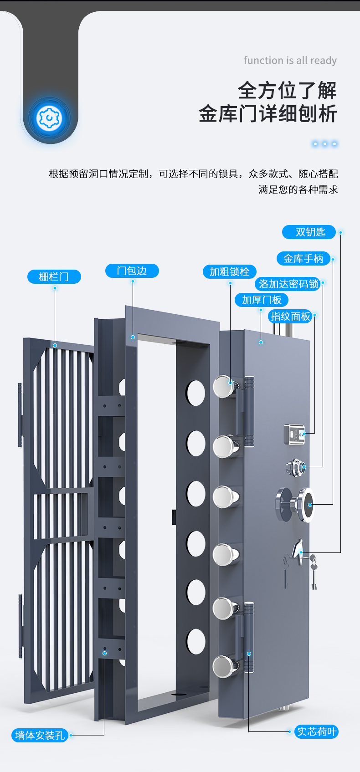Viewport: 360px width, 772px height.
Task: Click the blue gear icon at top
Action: (48, 118)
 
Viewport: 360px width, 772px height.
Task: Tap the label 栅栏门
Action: (54, 276)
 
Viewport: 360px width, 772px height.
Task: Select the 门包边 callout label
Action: (132, 271)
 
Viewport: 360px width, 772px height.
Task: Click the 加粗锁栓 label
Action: (229, 272)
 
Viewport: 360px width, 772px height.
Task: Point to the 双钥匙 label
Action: (309, 232)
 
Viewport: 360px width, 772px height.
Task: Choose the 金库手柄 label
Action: (303, 259)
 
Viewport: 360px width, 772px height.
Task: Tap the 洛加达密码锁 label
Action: (288, 284)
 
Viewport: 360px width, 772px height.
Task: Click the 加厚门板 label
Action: (262, 300)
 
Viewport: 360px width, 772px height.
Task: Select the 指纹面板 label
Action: (290, 316)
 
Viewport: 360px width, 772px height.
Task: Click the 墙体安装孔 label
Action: (40, 735)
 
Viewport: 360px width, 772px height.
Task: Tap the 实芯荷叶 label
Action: (316, 732)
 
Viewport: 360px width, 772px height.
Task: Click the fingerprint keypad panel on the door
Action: (294, 434)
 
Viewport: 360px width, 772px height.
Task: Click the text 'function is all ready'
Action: (290, 61)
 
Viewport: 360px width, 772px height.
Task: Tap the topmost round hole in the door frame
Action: (195, 393)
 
